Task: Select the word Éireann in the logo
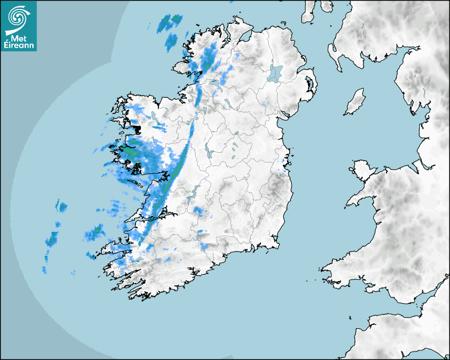coord(19,46)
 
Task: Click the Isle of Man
coord(355,102)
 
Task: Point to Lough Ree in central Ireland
coord(207,151)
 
